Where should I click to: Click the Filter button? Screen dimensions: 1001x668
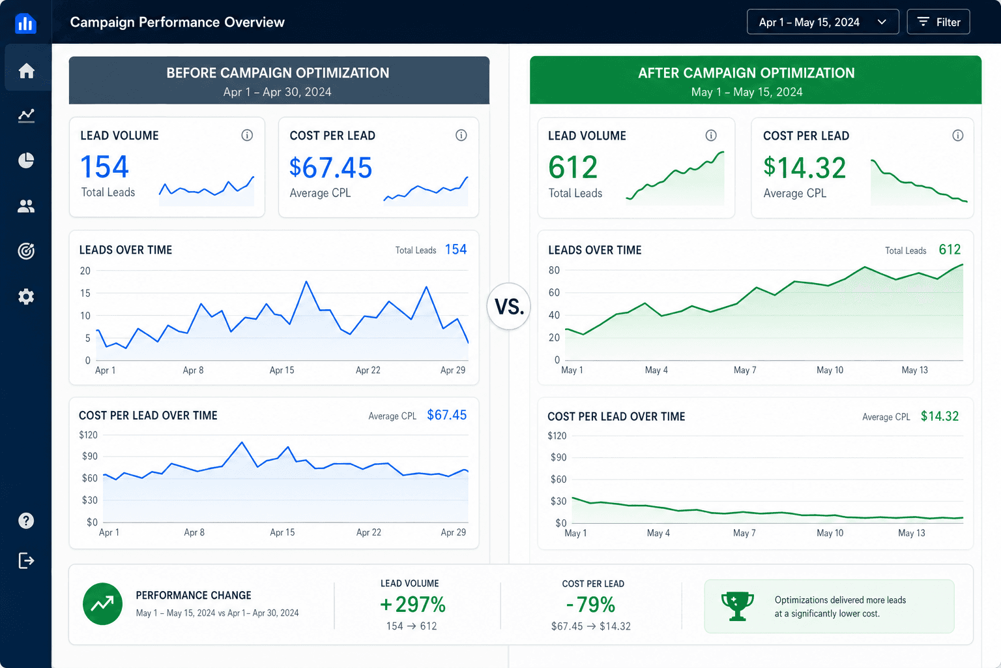click(x=938, y=22)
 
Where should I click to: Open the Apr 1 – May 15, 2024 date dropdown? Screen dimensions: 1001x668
click(x=822, y=22)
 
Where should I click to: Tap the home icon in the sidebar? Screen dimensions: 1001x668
click(x=26, y=70)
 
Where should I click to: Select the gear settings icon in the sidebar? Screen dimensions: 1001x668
click(x=26, y=297)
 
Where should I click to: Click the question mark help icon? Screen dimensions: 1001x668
click(x=26, y=521)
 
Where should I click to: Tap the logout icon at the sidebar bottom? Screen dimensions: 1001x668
click(x=26, y=560)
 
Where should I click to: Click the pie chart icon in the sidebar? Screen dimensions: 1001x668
click(x=26, y=160)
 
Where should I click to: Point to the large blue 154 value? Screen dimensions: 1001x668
click(x=104, y=167)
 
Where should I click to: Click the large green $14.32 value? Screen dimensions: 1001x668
click(x=804, y=168)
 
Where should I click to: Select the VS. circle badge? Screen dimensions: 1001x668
click(x=508, y=307)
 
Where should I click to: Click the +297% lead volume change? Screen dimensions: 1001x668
click(x=413, y=605)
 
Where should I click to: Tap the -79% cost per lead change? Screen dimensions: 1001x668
click(x=591, y=605)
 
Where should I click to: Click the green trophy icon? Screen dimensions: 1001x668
click(x=737, y=606)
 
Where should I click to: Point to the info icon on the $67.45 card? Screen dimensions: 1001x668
click(x=461, y=135)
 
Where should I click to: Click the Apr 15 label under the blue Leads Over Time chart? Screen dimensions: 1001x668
click(x=282, y=370)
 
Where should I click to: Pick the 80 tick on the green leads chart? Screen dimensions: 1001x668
click(x=554, y=270)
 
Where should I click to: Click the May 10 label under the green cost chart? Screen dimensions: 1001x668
click(x=830, y=533)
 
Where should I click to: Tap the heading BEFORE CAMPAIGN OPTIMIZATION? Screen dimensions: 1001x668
click(x=278, y=73)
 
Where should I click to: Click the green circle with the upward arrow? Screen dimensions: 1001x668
click(x=102, y=604)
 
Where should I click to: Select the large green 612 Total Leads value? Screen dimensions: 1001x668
click(x=573, y=168)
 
